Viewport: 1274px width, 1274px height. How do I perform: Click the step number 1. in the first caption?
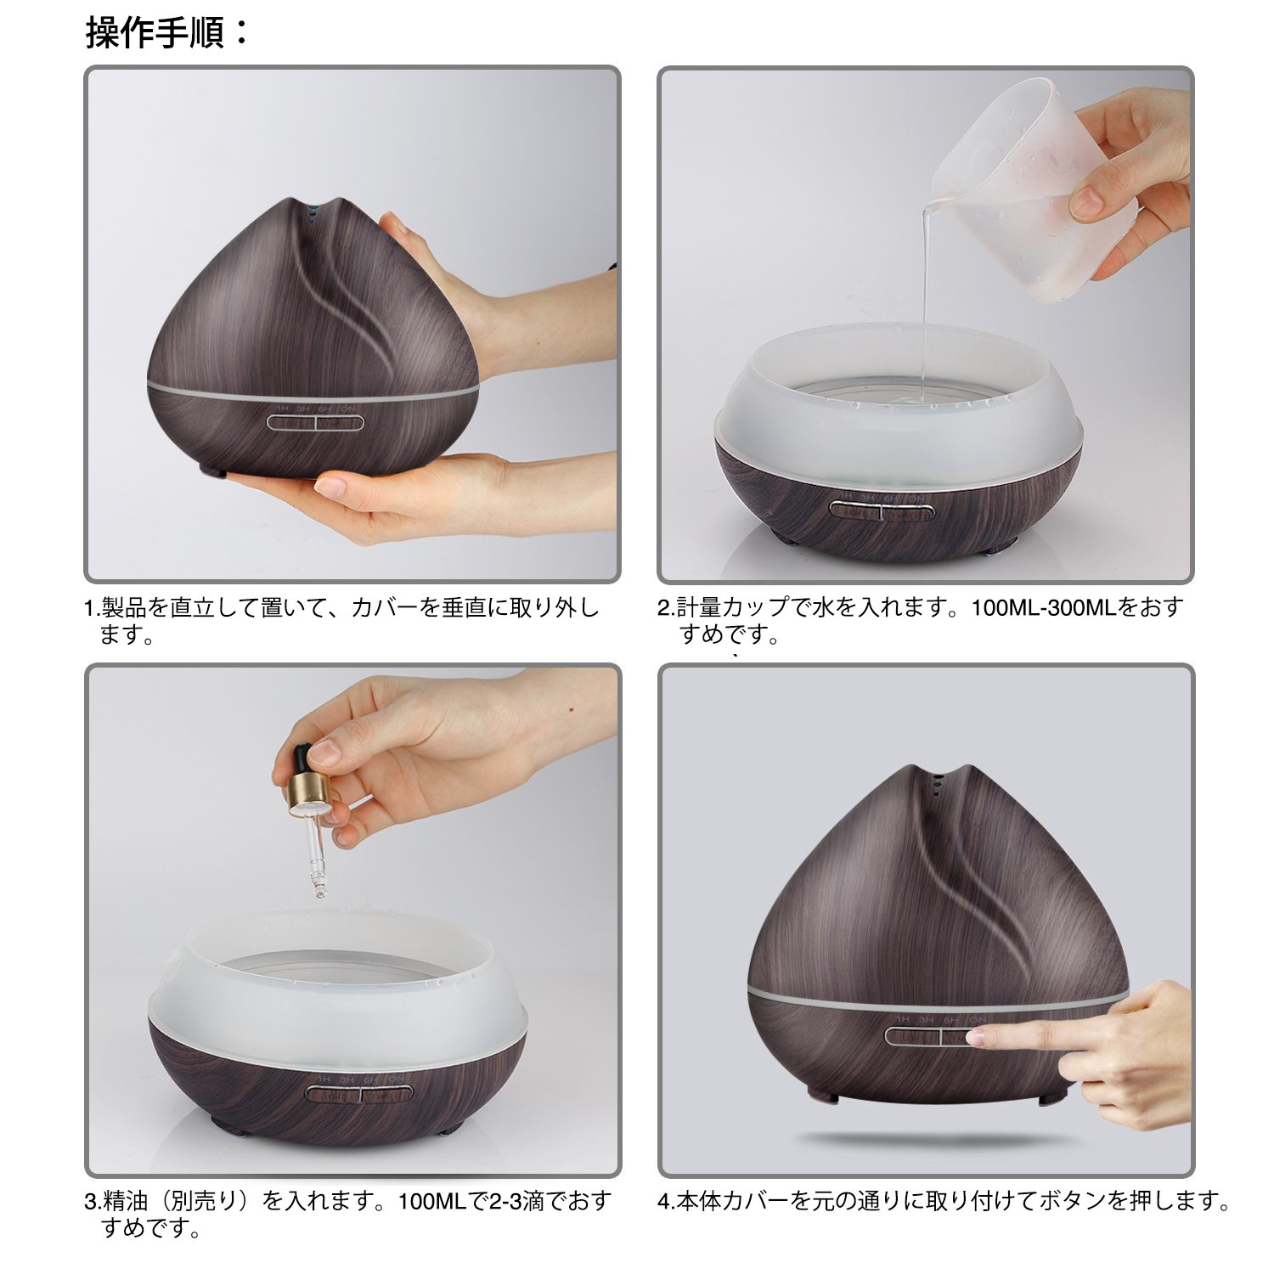coord(93,608)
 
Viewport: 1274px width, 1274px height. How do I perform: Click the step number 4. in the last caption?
coord(667,1202)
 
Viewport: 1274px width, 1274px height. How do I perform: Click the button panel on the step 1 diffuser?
coord(316,421)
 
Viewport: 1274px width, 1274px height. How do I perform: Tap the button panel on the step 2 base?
coord(882,511)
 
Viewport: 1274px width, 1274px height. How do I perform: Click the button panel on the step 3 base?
coord(360,1096)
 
